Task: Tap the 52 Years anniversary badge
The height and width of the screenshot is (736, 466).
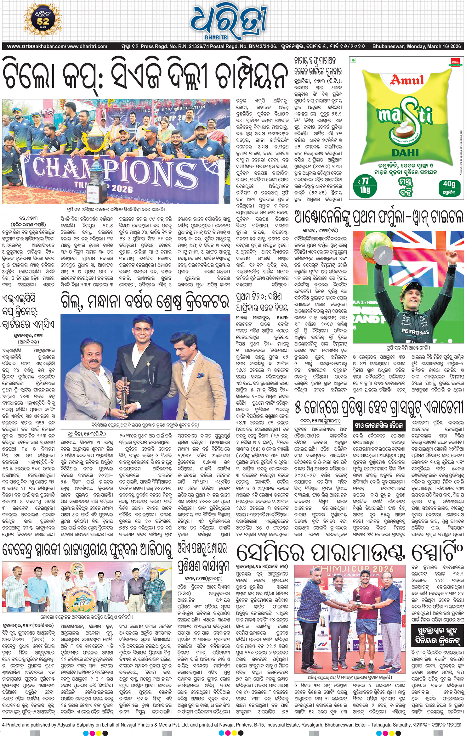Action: point(43,20)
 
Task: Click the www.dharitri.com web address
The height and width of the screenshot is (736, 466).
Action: point(87,46)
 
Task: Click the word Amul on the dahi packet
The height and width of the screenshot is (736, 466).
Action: point(407,80)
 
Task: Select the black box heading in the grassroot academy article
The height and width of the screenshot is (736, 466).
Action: point(379,425)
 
